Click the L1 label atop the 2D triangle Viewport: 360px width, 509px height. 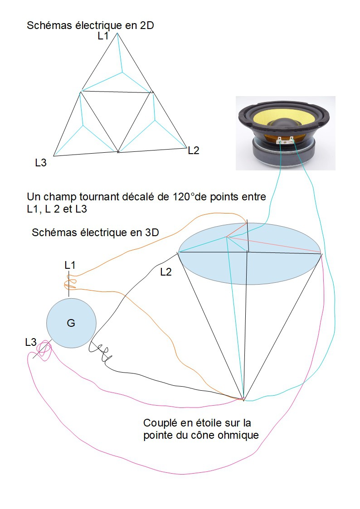[103, 36]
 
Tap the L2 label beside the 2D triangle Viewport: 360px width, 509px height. [194, 150]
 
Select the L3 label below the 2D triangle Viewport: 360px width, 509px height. [41, 163]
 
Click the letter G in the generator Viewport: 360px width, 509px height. [71, 323]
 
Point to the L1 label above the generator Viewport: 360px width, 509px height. [70, 265]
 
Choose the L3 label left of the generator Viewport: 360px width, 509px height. [31, 342]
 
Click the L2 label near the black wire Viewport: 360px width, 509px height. [166, 271]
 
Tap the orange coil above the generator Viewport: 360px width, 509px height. [70, 282]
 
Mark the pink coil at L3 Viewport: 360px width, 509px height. [44, 349]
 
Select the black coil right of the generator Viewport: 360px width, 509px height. [101, 353]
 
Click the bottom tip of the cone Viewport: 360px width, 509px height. [243, 400]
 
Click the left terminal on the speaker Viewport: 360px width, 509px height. [279, 141]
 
